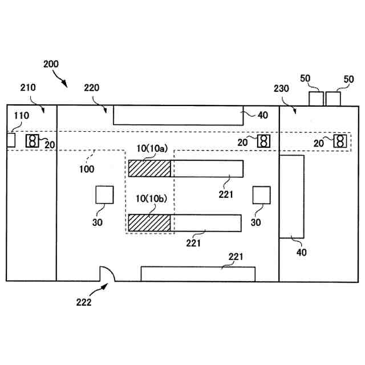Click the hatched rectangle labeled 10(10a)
(149, 168)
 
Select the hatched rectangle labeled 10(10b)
(149, 222)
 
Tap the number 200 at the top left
(51, 64)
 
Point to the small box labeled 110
(11, 140)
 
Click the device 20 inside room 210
(33, 140)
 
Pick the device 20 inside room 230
(340, 140)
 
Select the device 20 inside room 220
(263, 140)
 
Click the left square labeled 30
(104, 195)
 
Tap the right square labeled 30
(261, 195)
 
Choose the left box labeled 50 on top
(316, 98)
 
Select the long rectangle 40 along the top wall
(178, 115)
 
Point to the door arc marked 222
(107, 274)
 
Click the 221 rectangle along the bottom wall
(198, 273)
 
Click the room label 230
(281, 88)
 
